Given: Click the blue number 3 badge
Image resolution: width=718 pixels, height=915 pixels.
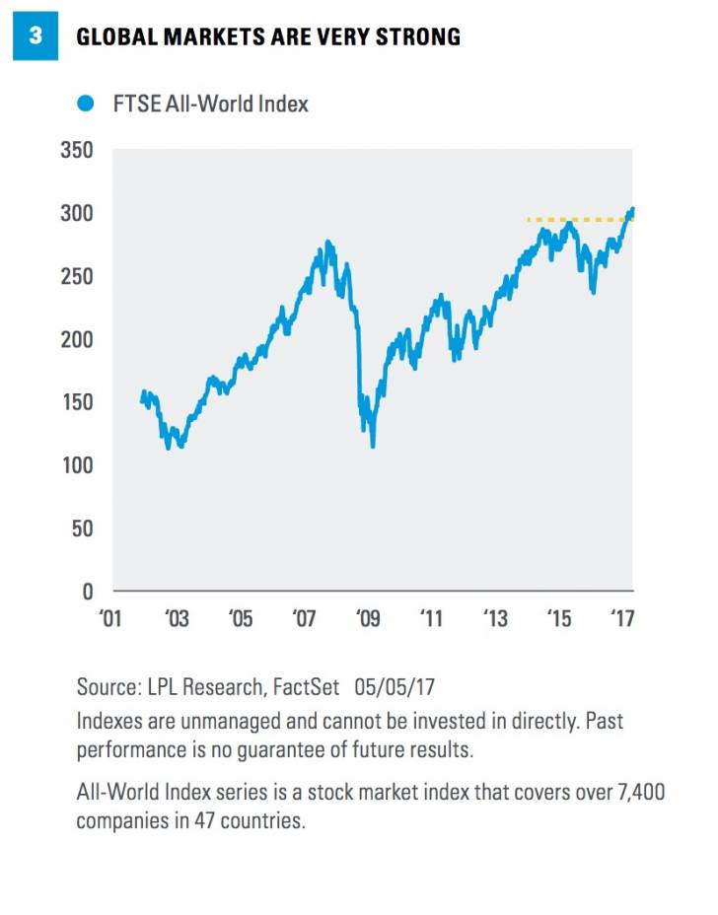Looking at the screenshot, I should [x=36, y=36].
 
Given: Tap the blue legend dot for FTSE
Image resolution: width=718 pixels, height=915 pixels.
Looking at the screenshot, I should [x=87, y=103].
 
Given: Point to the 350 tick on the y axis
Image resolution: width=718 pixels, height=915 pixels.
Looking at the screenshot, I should [x=75, y=151].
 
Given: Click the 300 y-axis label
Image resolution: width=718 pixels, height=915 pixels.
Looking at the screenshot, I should [x=75, y=214].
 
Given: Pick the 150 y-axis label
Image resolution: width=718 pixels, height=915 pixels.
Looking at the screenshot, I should [x=75, y=402].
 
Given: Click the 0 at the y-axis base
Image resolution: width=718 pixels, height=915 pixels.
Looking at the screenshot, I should [x=87, y=592].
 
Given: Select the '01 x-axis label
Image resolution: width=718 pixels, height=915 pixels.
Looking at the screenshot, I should [x=111, y=618].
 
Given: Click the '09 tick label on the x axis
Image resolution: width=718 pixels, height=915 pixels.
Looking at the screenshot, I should [x=367, y=618].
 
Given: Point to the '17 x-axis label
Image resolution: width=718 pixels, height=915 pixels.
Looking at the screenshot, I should [x=622, y=618].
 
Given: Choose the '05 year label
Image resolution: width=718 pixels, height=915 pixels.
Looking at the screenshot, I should [x=240, y=618].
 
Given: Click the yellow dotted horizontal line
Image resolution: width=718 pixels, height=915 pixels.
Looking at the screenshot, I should [x=572, y=219].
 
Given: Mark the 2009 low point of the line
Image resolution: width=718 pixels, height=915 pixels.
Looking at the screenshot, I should [x=373, y=446].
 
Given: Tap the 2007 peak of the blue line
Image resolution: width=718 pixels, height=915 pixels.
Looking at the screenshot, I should [x=327, y=242].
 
